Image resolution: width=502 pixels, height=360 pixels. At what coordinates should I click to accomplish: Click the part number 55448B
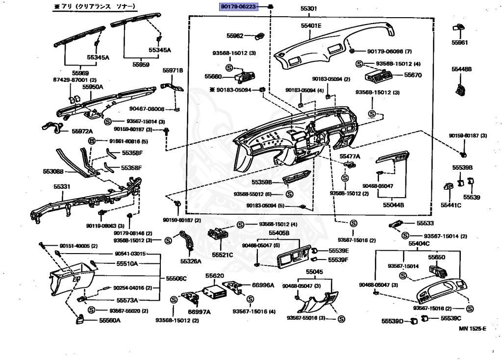461,69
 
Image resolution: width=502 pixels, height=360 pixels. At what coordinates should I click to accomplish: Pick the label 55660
213,77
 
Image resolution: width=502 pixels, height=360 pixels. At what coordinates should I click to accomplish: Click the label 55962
235,36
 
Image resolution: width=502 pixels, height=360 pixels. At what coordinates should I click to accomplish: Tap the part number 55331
62,187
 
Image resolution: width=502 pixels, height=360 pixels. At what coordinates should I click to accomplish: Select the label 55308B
53,172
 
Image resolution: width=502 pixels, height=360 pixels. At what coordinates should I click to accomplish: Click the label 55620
214,276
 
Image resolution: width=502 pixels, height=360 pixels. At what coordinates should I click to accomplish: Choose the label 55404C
419,243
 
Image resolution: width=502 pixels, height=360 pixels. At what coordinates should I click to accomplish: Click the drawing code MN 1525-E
473,329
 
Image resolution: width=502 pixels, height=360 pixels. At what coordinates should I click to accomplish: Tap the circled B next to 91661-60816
91,141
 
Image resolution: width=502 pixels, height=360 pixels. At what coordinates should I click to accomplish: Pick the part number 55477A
350,156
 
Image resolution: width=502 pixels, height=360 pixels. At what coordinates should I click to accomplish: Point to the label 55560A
109,320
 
